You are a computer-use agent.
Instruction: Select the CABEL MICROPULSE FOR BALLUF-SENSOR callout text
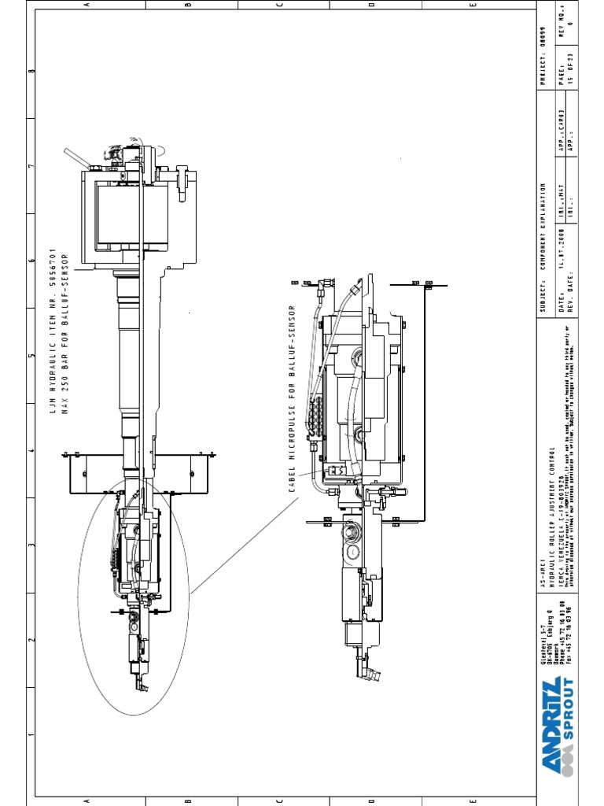click(x=292, y=398)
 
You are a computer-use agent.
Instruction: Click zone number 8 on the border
click(x=32, y=72)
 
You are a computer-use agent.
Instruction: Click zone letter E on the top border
click(x=473, y=5)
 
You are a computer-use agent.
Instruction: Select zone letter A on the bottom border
click(x=87, y=801)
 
